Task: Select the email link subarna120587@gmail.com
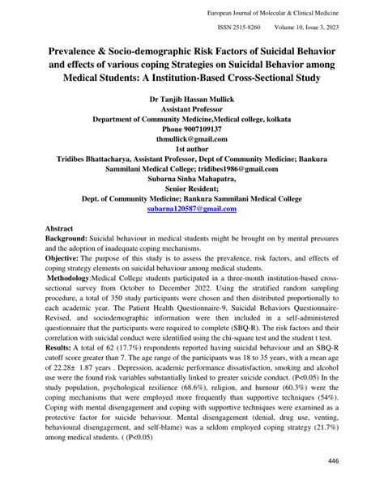(x=192, y=208)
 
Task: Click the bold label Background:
(x=52, y=241)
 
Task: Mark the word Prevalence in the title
(x=66, y=51)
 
